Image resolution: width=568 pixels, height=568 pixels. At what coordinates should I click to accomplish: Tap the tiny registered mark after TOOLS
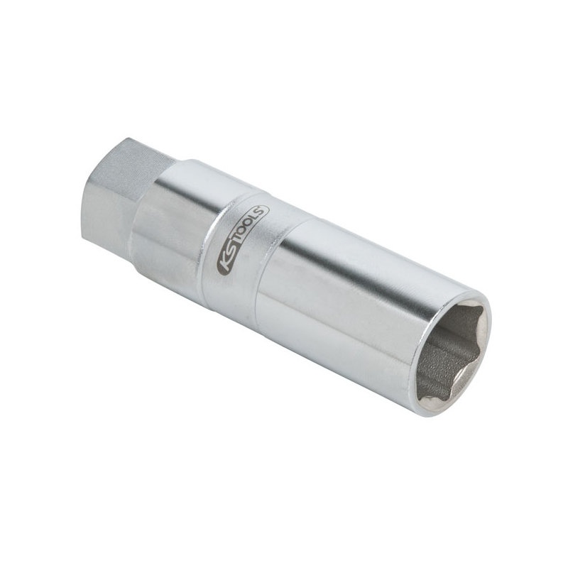coord(266,208)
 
